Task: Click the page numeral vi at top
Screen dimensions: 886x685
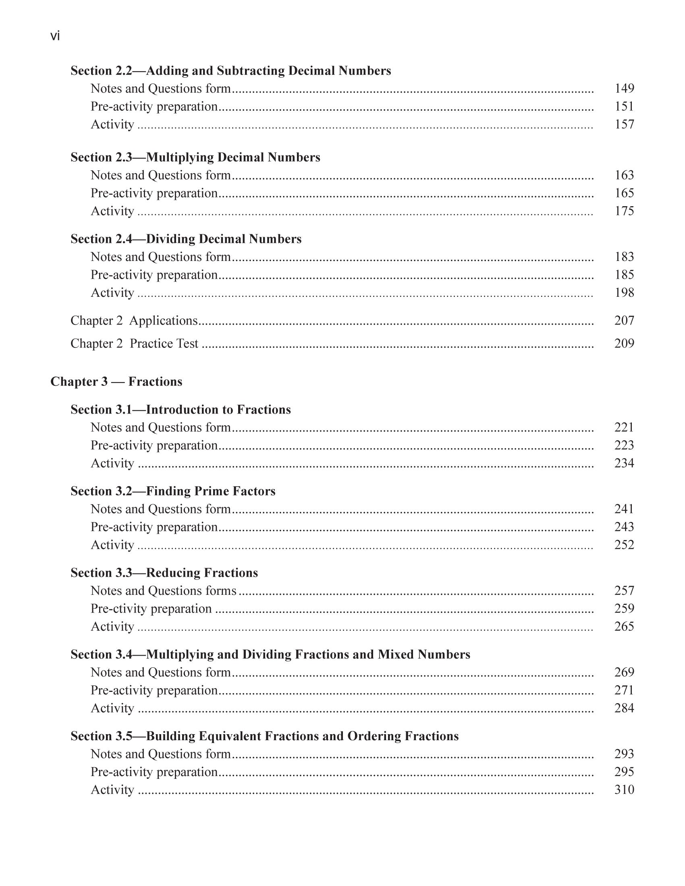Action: [x=55, y=37]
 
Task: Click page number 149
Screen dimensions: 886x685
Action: [x=624, y=89]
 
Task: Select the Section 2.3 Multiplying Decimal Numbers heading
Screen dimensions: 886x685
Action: [x=195, y=157]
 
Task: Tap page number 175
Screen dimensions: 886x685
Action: [x=624, y=211]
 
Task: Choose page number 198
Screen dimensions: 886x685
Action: [x=624, y=292]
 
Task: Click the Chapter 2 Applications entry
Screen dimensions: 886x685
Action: [x=134, y=321]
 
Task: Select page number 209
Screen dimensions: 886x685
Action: [x=624, y=344]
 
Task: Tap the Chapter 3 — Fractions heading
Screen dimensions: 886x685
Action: [x=116, y=382]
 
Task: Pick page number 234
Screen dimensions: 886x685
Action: [x=624, y=463]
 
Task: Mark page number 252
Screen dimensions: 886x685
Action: [x=624, y=545]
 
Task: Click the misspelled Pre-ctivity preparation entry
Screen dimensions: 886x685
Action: [x=151, y=609]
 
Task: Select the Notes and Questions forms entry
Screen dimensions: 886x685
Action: [x=163, y=591]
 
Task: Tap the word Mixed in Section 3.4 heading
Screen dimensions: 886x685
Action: [x=396, y=654]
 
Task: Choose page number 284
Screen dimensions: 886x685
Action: [x=624, y=708]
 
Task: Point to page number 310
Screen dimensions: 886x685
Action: [x=624, y=789]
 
